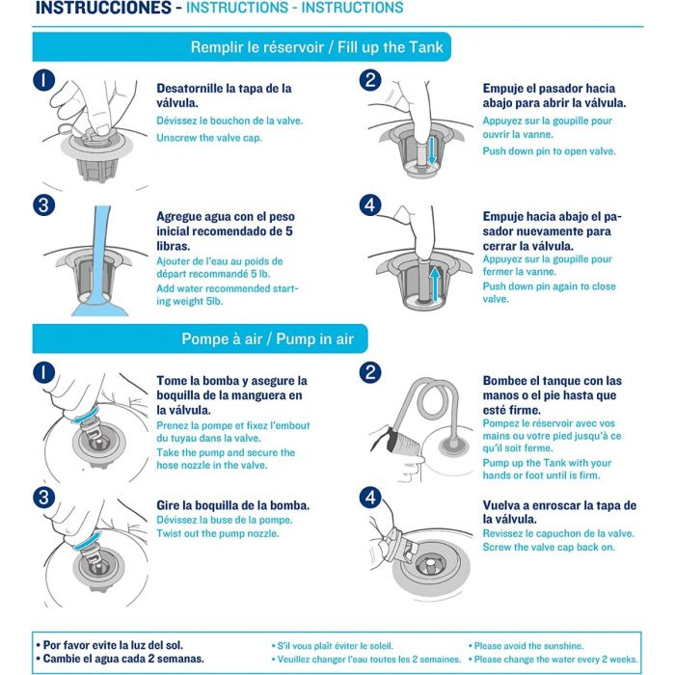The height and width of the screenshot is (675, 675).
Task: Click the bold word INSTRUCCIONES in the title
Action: [x=103, y=8]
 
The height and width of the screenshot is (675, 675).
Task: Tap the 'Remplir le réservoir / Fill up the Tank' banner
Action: [x=241, y=47]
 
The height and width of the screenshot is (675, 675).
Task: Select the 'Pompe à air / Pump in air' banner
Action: [x=201, y=338]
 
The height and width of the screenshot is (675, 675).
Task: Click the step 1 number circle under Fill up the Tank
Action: [x=44, y=80]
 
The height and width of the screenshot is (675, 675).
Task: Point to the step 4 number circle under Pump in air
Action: [x=370, y=498]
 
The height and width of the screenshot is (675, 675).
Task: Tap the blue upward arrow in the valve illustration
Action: [x=435, y=283]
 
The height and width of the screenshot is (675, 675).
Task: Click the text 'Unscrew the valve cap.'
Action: [x=209, y=138]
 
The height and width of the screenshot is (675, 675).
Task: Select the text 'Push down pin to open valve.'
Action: [x=549, y=151]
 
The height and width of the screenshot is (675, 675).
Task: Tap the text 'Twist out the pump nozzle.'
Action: [x=218, y=533]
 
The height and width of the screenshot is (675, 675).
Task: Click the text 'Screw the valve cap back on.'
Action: [x=549, y=547]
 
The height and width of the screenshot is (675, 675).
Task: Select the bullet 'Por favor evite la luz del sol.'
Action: [x=110, y=645]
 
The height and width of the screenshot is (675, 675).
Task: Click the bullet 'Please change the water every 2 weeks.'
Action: [x=553, y=659]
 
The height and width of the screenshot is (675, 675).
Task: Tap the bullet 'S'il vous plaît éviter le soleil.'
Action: [x=333, y=646]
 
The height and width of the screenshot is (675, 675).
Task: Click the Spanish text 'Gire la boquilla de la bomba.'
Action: [x=233, y=505]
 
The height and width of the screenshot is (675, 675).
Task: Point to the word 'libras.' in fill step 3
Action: [x=174, y=246]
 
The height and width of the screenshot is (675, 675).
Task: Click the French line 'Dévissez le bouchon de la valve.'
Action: [x=229, y=121]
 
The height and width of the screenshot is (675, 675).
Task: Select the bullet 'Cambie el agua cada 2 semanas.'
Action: [x=121, y=659]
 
